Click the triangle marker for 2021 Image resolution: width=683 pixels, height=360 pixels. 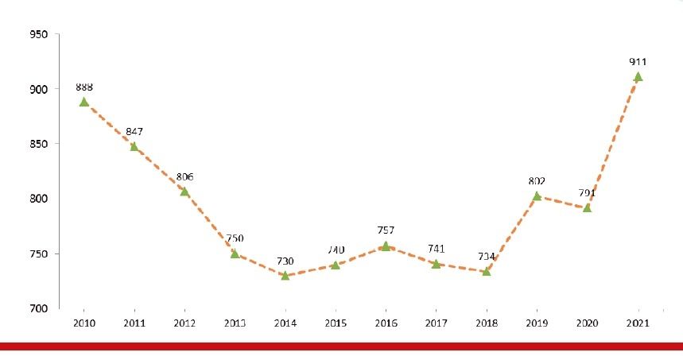point(637,77)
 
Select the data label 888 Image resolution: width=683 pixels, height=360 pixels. point(83,87)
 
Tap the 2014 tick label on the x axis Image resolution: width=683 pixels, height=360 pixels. point(285,323)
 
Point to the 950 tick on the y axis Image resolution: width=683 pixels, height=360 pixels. point(38,35)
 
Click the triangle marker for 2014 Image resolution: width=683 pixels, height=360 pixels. point(285,275)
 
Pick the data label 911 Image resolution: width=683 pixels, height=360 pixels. point(637,62)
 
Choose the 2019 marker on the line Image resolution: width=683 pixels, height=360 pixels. point(537,195)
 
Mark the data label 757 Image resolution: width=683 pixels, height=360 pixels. point(386,230)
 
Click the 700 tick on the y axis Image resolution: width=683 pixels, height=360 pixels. point(38,308)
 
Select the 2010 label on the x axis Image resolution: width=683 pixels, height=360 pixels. point(83,323)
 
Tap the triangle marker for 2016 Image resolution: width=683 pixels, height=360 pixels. point(386,246)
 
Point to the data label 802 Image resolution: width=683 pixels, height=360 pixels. point(537,180)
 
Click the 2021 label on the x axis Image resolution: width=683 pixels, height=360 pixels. point(637,323)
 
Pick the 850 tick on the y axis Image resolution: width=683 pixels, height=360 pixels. point(38,144)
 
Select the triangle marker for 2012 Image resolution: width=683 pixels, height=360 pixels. point(184,192)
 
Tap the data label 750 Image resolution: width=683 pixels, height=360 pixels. point(235,238)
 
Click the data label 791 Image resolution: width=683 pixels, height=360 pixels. point(587,192)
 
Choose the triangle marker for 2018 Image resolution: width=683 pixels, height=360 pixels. point(486,271)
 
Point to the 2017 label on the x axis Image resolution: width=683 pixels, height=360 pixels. point(436,323)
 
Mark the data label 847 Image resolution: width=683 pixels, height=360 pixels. point(134,131)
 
